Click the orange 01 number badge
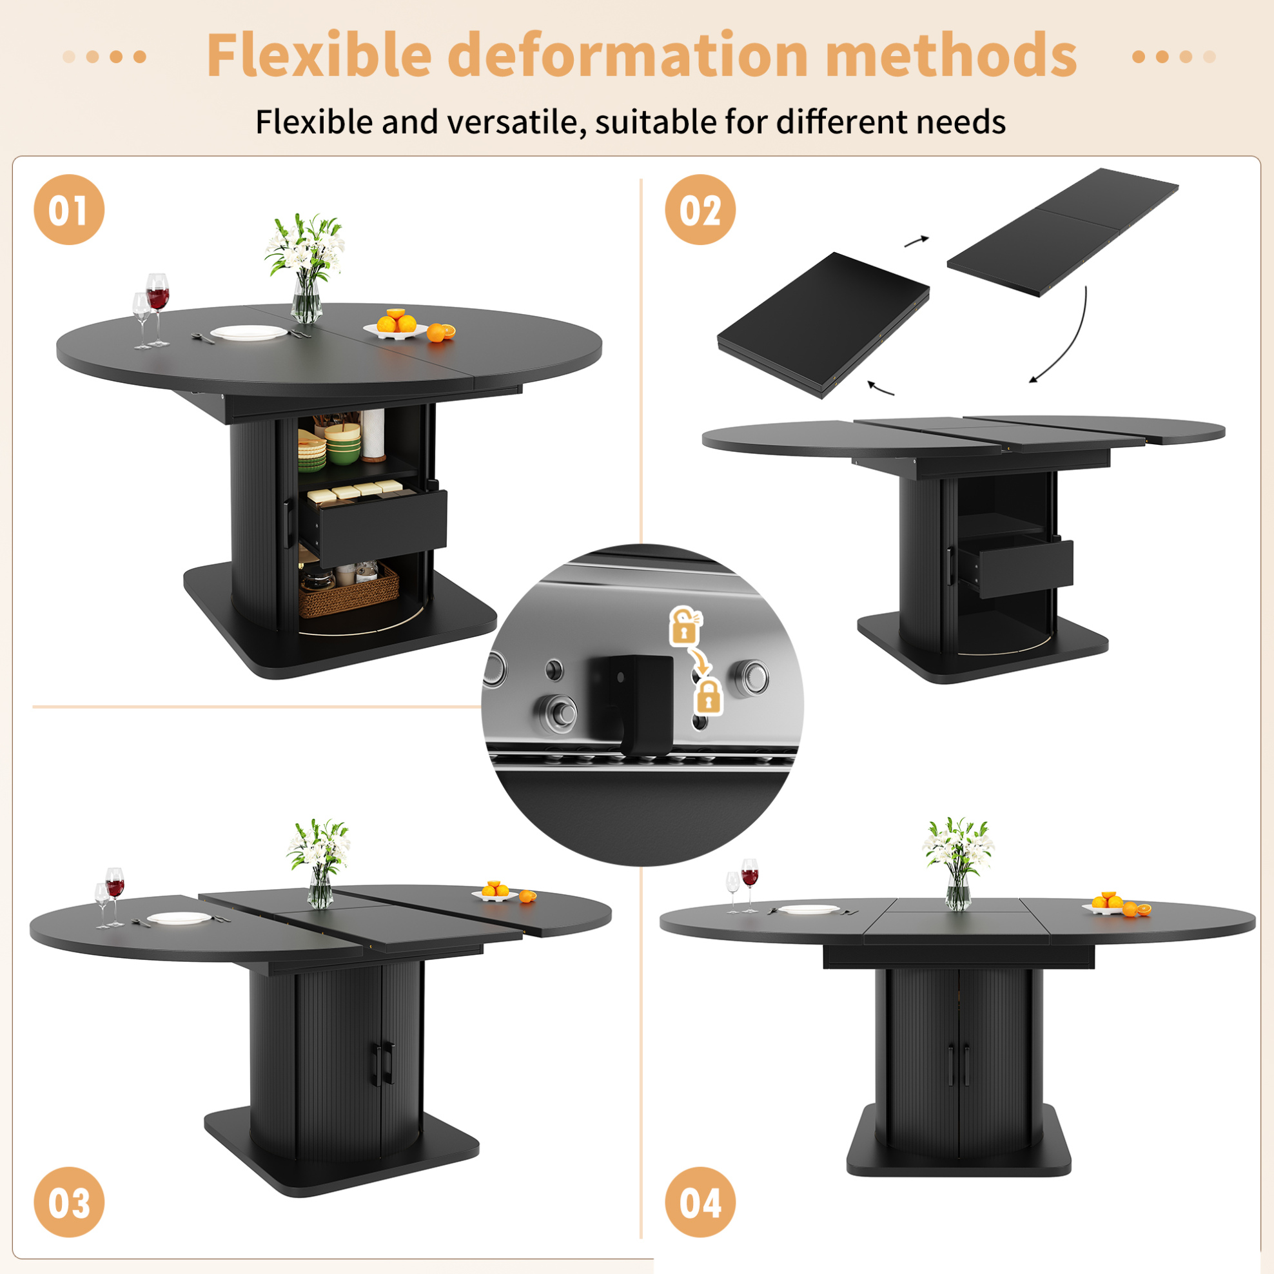click(69, 210)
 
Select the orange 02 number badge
click(700, 210)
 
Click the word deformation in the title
click(628, 55)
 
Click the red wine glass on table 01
click(157, 309)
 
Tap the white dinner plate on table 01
click(249, 333)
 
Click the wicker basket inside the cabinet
click(348, 591)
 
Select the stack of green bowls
click(342, 444)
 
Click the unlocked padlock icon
click(686, 626)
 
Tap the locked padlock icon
click(708, 696)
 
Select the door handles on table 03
click(386, 1064)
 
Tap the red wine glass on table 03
click(115, 896)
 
